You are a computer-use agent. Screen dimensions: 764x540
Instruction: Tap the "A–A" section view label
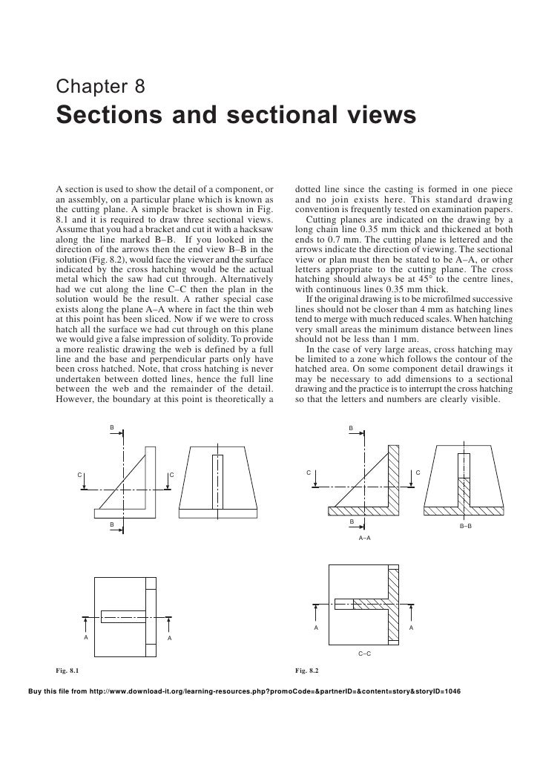click(364, 535)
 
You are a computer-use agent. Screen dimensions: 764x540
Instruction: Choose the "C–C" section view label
click(364, 653)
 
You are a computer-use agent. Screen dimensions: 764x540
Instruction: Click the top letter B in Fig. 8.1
click(112, 428)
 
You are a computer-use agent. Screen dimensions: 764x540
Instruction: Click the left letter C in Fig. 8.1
click(81, 475)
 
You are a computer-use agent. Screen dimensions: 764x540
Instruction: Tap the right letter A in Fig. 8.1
click(169, 638)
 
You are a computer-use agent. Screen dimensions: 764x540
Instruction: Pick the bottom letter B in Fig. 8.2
click(352, 522)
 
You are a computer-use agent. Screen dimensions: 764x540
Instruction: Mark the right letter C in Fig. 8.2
click(418, 472)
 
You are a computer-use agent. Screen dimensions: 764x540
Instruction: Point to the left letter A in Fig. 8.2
click(315, 628)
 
